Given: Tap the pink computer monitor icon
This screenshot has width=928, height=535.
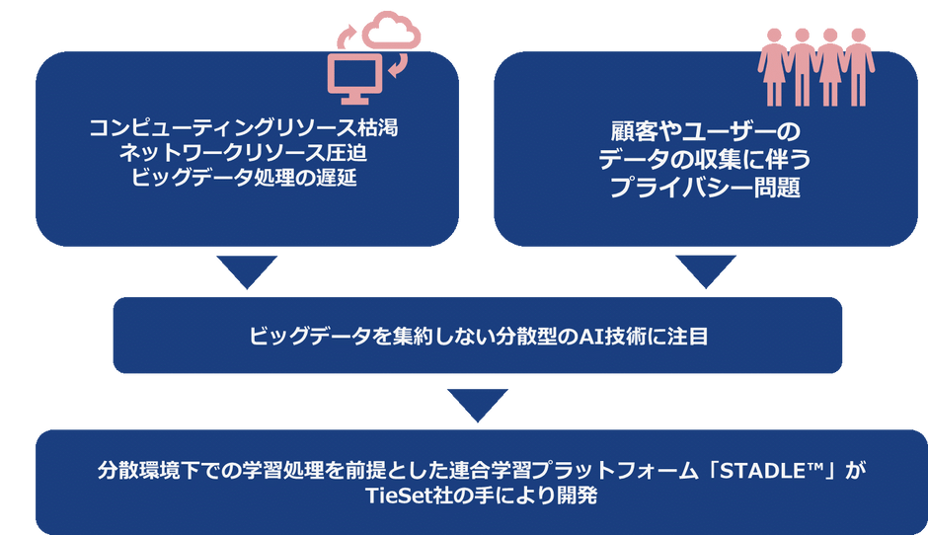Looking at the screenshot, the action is [x=355, y=79].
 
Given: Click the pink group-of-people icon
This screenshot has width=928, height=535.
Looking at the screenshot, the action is [x=816, y=67].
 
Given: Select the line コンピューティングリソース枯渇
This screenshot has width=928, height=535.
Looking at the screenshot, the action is [x=244, y=128].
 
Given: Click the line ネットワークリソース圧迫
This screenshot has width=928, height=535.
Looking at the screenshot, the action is [x=243, y=153].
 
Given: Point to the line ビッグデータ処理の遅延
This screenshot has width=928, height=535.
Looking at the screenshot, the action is [x=244, y=178].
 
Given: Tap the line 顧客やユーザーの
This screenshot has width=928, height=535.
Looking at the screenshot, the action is [x=706, y=131].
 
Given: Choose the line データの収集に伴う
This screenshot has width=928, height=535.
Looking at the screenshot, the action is [x=705, y=159].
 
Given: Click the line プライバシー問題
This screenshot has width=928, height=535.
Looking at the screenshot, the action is [x=705, y=187].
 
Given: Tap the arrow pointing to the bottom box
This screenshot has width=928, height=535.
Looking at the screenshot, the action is [x=478, y=404].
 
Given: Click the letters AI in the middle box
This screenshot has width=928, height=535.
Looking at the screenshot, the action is [x=591, y=337].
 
